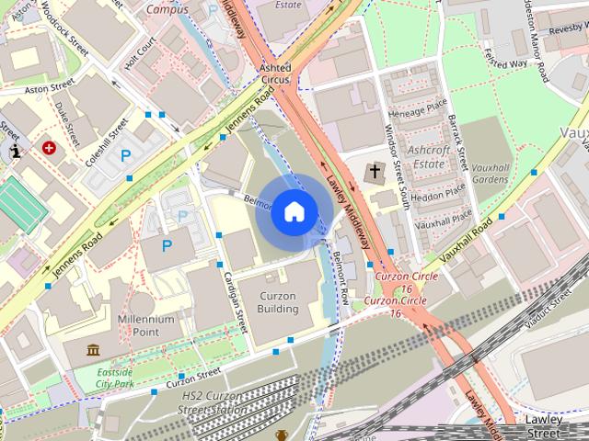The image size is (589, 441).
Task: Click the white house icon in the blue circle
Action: pyautogui.click(x=294, y=212)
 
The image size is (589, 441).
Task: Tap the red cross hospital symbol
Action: pyautogui.click(x=49, y=147)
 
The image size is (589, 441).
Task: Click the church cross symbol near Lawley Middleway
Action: pyautogui.click(x=375, y=171)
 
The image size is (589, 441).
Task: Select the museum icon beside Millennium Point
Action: pyautogui.click(x=93, y=349)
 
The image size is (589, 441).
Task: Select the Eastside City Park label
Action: pyautogui.click(x=129, y=379)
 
